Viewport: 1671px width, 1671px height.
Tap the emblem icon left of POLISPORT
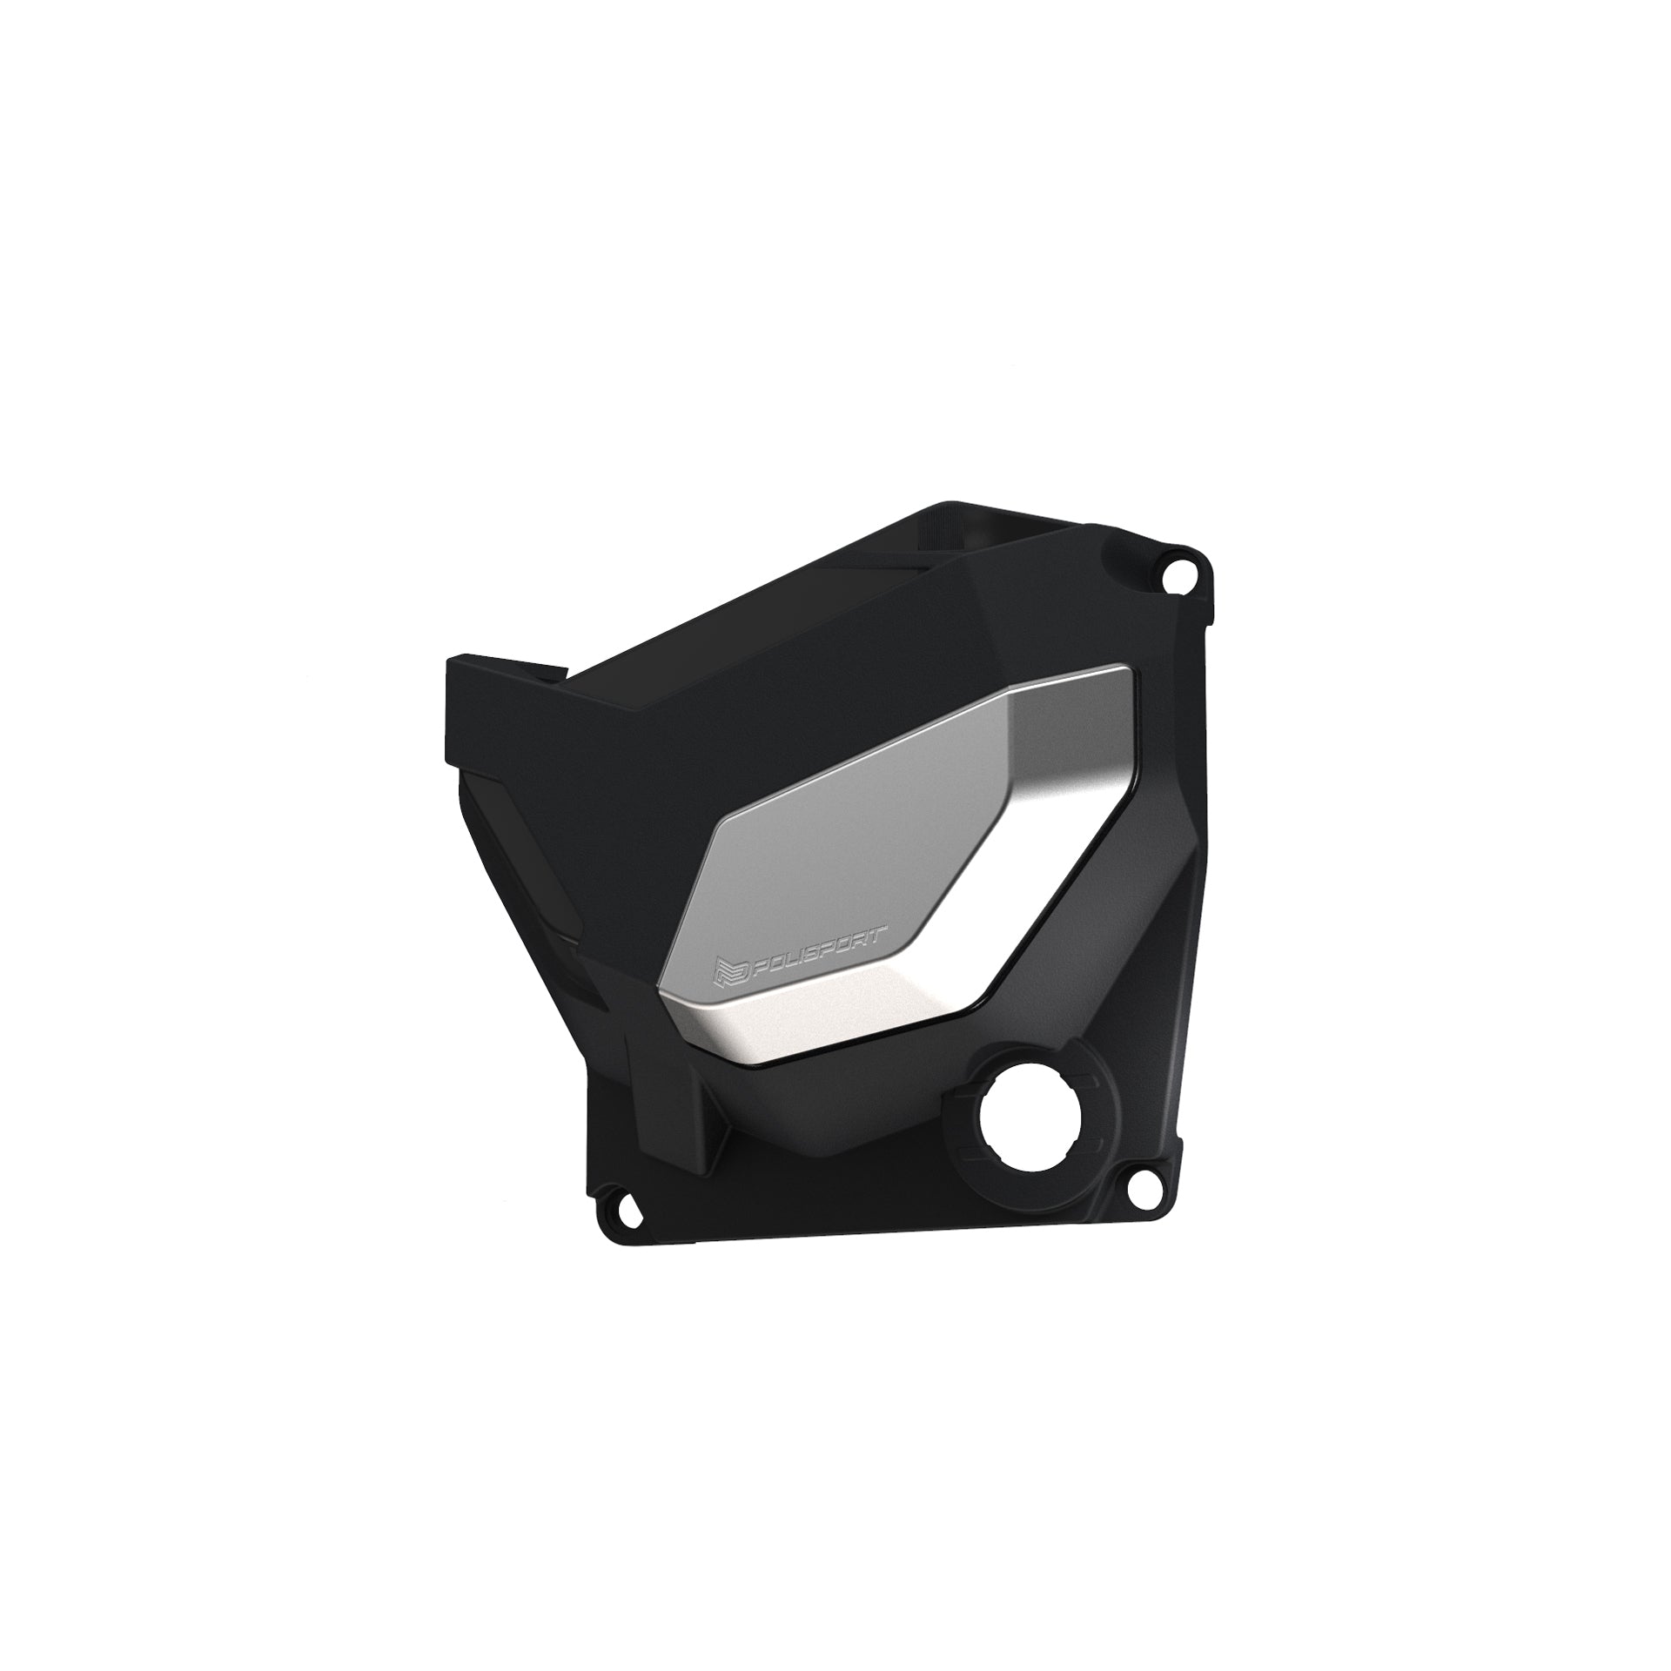click(726, 972)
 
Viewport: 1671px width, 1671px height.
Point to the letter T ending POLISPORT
click(878, 936)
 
